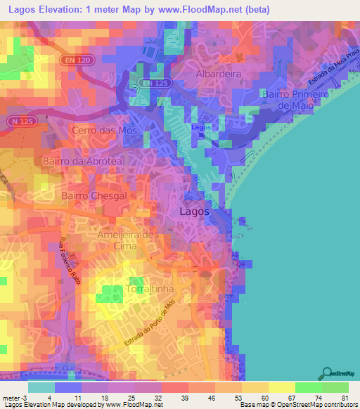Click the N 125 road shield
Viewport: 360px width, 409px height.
(x=21, y=121)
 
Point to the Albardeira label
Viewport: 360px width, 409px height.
(x=218, y=74)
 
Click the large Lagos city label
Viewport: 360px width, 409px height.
(x=195, y=211)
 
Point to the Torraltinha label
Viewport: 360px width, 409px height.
(x=145, y=289)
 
